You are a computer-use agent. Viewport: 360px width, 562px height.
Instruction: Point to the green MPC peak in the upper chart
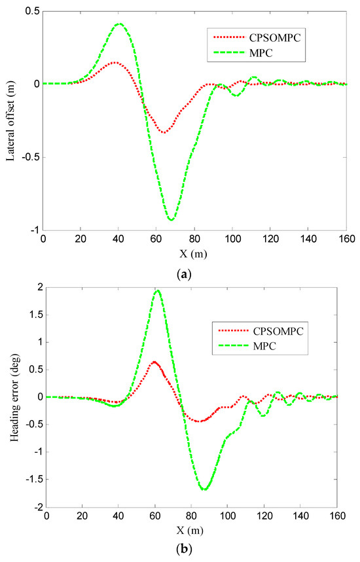pyautogui.click(x=119, y=24)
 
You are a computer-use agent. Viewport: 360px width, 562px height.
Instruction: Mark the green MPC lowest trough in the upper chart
pyautogui.click(x=171, y=219)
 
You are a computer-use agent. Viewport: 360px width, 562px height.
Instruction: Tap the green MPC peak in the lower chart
pyautogui.click(x=158, y=290)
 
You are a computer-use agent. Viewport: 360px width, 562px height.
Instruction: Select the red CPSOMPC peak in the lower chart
pyautogui.click(x=154, y=362)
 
